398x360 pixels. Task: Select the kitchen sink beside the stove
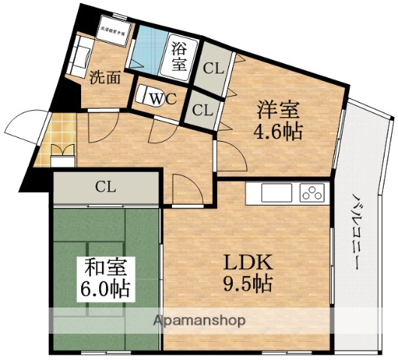pos(277,193)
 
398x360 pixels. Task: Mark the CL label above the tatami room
pos(105,187)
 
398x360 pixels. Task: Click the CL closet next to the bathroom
pos(213,67)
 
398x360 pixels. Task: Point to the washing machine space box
pos(115,29)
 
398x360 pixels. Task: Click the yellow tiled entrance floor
pos(56,135)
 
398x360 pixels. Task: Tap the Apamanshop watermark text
pos(199,320)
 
